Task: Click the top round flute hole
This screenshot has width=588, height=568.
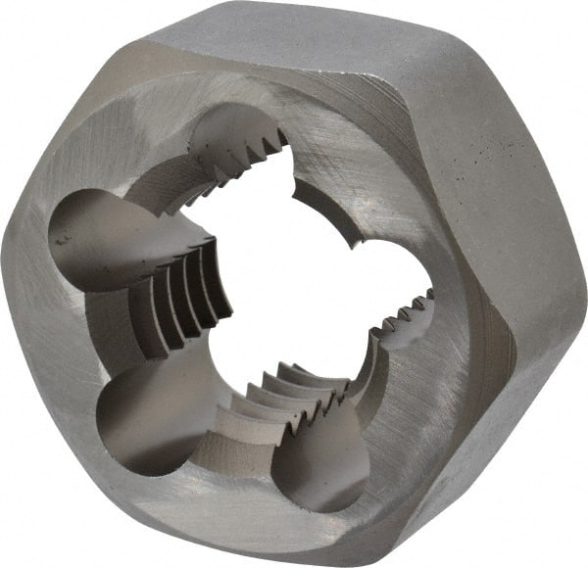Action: [240, 137]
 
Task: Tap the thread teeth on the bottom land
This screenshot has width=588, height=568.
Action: [294, 392]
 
